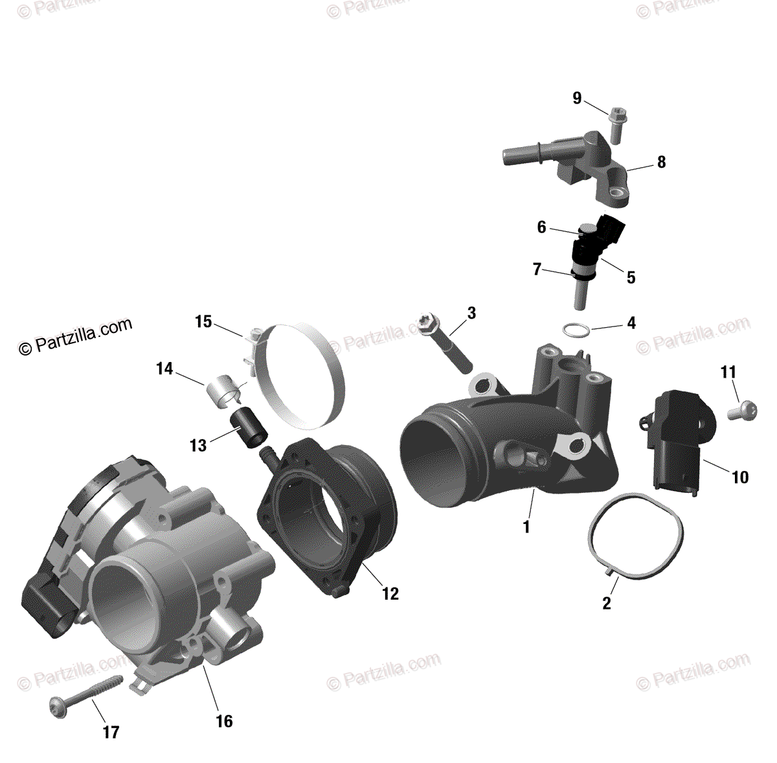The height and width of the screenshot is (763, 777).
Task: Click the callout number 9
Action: [577, 98]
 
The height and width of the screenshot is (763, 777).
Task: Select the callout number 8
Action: [661, 162]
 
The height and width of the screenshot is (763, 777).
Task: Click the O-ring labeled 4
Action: [576, 330]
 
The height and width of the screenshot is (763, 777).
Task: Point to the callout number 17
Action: [111, 732]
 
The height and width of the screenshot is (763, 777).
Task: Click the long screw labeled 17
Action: [84, 696]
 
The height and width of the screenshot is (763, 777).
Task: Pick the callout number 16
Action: [224, 721]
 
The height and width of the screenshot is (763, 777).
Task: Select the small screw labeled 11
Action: [742, 410]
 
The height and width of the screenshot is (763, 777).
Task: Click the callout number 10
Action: [739, 477]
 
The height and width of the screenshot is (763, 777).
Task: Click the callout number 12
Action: [390, 593]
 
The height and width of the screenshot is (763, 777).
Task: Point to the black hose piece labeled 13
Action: [249, 427]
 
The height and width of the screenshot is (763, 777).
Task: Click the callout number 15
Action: [203, 321]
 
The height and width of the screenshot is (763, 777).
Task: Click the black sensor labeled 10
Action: [677, 440]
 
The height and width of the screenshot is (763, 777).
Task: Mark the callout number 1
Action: [526, 527]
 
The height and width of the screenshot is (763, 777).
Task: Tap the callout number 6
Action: [541, 227]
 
